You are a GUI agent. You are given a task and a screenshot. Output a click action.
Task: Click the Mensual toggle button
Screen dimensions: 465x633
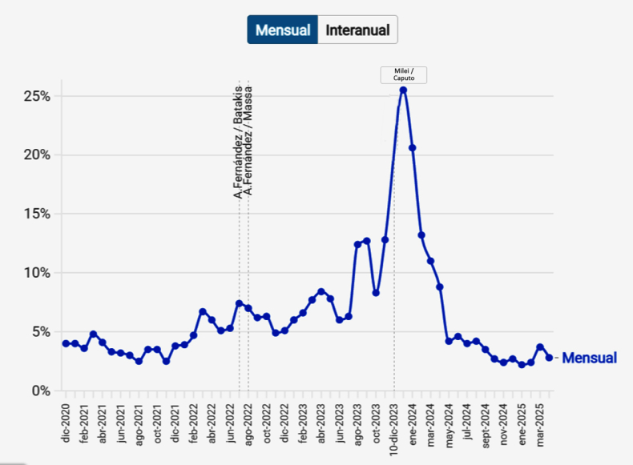pyautogui.click(x=283, y=30)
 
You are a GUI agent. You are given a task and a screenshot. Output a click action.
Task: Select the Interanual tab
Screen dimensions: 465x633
pyautogui.click(x=357, y=30)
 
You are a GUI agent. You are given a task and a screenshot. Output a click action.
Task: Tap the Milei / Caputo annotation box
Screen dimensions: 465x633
pyautogui.click(x=403, y=75)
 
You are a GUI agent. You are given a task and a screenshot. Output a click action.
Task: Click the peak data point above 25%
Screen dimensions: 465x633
pyautogui.click(x=403, y=90)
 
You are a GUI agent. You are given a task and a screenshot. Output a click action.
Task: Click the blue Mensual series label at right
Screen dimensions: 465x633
pyautogui.click(x=589, y=359)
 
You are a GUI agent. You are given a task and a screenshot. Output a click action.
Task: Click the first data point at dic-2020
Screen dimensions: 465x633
pyautogui.click(x=66, y=343)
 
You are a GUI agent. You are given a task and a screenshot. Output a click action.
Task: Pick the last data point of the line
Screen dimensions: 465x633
pyautogui.click(x=549, y=358)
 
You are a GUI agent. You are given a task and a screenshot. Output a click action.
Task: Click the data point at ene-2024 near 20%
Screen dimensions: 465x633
pyautogui.click(x=413, y=147)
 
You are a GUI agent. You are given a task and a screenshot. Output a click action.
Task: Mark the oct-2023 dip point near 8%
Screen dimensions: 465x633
pyautogui.click(x=376, y=293)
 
